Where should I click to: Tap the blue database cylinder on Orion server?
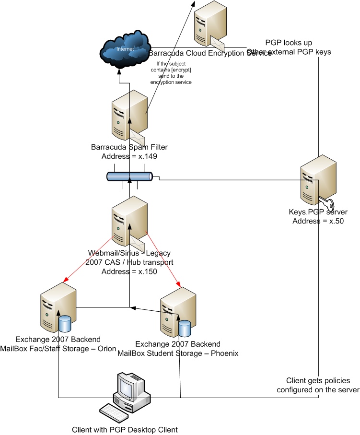point(65,323)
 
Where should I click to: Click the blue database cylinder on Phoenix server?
point(185,328)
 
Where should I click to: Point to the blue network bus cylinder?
point(129,177)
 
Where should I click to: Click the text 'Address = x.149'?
point(129,156)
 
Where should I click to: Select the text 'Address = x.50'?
point(318,221)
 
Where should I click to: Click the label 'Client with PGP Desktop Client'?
point(125,429)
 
